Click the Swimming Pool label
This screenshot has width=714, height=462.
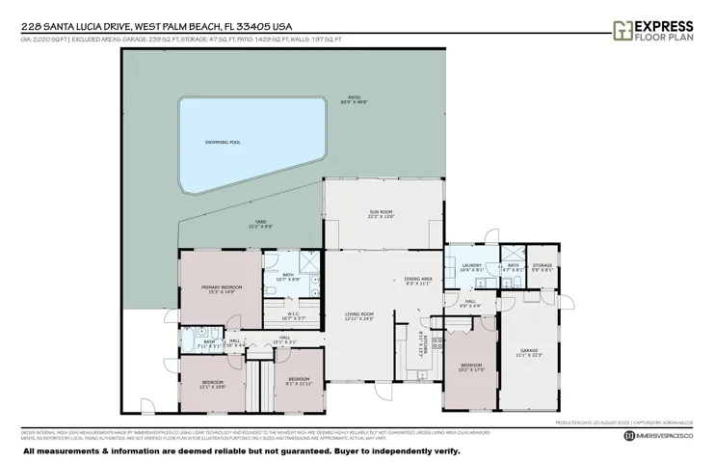pos(223,142)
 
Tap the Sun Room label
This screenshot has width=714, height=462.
pos(383,213)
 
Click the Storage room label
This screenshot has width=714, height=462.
pos(542,267)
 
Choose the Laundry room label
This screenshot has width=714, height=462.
pos(471,267)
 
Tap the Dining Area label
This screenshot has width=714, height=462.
pos(418,281)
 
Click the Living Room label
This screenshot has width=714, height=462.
pos(359,315)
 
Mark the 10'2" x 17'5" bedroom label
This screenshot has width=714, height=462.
pos(469,367)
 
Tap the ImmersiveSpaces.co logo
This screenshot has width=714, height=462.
pos(659,437)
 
